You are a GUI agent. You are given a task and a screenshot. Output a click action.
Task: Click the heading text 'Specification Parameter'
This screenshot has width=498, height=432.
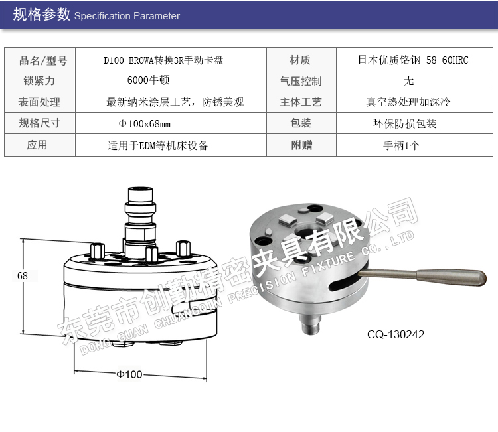[127, 15]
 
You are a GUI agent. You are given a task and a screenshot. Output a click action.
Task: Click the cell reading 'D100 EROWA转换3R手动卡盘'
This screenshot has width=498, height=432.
[163, 60]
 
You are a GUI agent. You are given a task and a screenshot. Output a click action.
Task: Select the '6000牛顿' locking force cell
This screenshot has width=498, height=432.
[148, 80]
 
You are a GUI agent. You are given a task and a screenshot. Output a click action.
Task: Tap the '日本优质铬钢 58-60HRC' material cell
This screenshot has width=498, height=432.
[413, 60]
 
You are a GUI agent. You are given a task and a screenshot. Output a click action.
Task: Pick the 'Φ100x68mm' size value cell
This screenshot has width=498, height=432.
[145, 123]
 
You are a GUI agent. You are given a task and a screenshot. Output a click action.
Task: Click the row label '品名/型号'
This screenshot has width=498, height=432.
[43, 60]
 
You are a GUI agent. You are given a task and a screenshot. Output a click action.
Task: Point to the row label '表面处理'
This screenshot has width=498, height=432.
[39, 102]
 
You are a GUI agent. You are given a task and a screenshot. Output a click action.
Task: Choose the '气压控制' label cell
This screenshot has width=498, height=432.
[301, 81]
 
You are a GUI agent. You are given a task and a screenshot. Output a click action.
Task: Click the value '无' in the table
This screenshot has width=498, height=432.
[408, 80]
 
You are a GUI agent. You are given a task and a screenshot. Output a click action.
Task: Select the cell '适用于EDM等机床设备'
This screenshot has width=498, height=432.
[157, 145]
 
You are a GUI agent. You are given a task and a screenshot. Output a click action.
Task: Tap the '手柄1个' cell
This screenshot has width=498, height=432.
[402, 145]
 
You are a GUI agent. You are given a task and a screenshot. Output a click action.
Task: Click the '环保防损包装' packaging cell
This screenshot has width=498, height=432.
[405, 123]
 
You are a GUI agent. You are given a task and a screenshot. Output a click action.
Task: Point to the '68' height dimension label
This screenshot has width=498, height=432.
[23, 275]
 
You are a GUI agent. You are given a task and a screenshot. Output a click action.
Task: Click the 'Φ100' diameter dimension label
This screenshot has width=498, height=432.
[129, 374]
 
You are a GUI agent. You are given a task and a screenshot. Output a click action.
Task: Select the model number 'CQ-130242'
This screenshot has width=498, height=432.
[396, 334]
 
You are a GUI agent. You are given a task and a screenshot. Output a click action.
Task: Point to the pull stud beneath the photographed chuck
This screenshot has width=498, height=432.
[310, 324]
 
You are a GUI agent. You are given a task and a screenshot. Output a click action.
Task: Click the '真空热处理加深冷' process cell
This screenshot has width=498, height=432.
[408, 102]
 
